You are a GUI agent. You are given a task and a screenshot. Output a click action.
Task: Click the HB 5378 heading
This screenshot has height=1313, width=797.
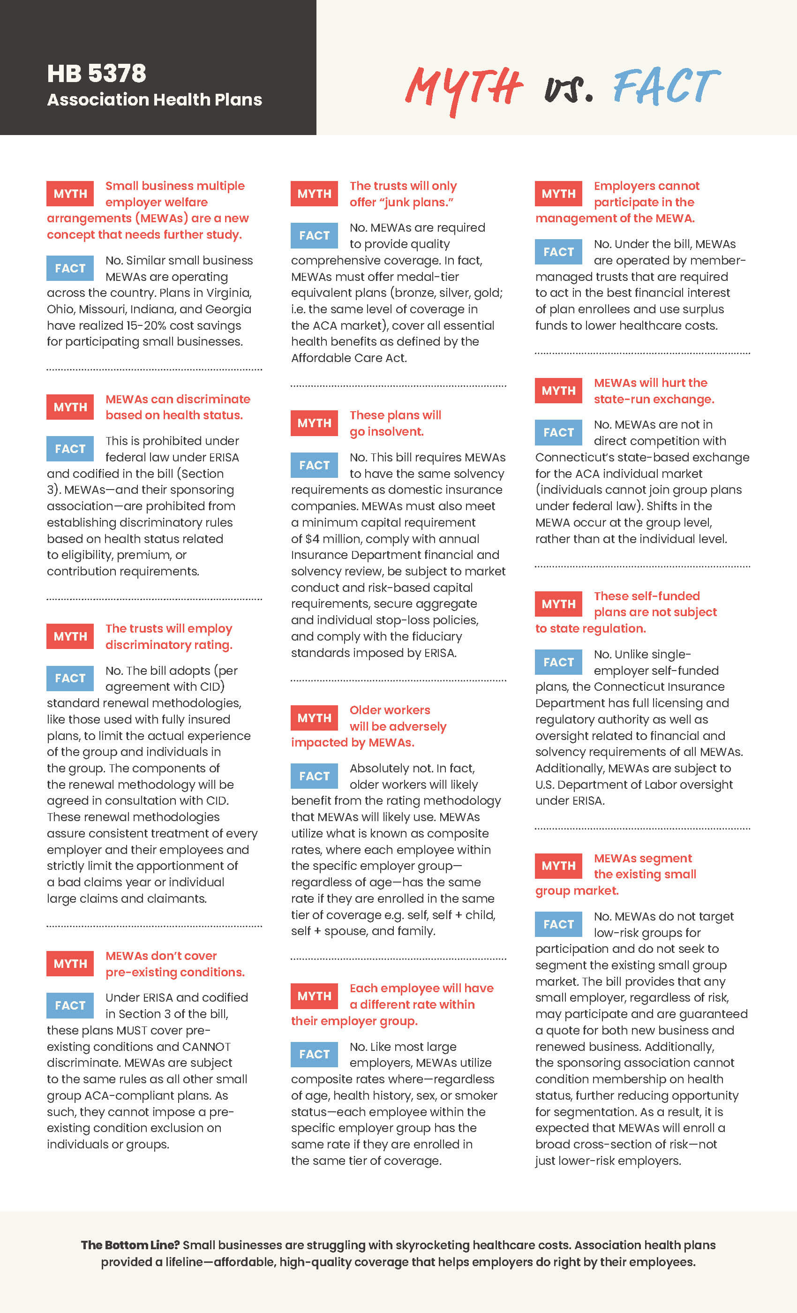[x=97, y=74]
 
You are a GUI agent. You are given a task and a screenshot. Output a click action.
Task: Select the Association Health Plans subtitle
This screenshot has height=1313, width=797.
[x=155, y=99]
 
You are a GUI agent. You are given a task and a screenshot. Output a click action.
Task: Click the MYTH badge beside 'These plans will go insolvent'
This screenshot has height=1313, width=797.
[x=314, y=423]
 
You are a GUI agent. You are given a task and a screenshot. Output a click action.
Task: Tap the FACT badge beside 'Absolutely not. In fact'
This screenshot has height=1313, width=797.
[x=314, y=776]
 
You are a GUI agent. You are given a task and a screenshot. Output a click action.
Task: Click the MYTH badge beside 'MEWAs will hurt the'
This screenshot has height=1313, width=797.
[x=558, y=391]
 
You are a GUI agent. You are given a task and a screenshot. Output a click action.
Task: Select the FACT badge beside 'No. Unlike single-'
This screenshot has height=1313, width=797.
[x=558, y=662]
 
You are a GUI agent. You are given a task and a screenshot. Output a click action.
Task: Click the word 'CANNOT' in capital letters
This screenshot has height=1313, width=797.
[x=206, y=1047]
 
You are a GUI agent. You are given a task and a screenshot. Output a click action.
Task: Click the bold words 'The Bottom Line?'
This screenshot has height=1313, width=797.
[x=130, y=1245]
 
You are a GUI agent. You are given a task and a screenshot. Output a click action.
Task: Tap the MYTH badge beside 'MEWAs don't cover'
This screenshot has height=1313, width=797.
[x=70, y=964]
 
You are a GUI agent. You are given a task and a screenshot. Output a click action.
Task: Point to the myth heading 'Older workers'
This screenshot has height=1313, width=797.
[x=390, y=710]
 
